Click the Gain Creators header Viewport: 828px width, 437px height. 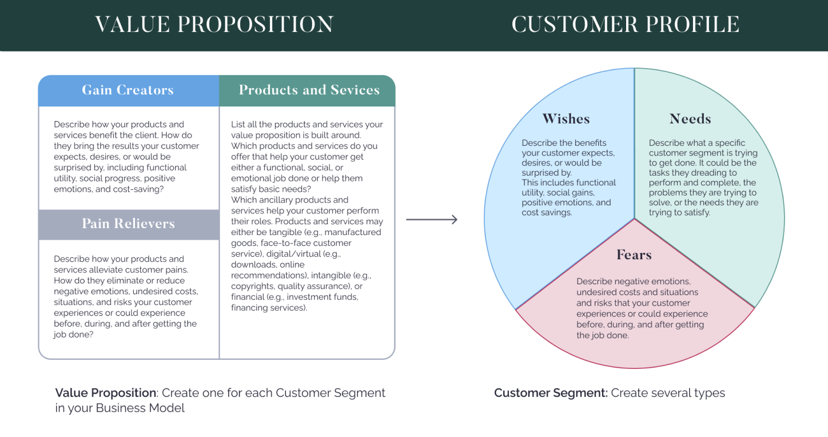click(128, 90)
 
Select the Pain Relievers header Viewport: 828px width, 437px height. click(128, 224)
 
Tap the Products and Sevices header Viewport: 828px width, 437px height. click(309, 90)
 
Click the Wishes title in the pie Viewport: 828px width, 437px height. click(566, 119)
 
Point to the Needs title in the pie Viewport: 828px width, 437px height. click(690, 119)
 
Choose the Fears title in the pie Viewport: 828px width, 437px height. click(634, 255)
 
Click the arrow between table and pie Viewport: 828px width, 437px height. click(432, 220)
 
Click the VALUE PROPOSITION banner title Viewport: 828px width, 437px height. click(214, 25)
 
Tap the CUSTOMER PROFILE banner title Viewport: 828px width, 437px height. click(625, 25)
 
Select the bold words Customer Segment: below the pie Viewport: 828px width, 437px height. click(551, 393)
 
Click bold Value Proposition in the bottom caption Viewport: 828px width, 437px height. click(106, 393)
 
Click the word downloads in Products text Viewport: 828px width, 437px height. click(252, 265)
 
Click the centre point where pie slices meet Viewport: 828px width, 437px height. click(634, 218)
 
